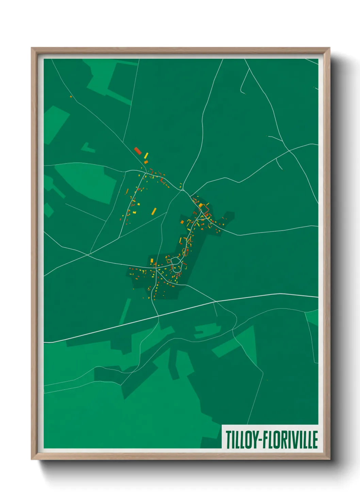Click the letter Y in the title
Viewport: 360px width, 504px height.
pyautogui.click(x=255, y=440)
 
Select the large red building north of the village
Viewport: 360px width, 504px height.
pyautogui.click(x=138, y=151)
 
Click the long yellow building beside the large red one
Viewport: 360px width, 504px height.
pyautogui.click(x=146, y=156)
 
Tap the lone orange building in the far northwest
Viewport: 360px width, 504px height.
pyautogui.click(x=71, y=97)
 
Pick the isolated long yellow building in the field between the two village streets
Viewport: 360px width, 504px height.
pyautogui.click(x=154, y=211)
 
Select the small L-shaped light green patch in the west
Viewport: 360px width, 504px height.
pyautogui.click(x=87, y=147)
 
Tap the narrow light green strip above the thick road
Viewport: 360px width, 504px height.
pyautogui.click(x=125, y=312)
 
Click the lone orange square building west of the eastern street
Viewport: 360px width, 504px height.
pyautogui.click(x=182, y=222)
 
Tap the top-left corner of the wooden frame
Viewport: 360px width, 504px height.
pyautogui.click(x=32, y=48)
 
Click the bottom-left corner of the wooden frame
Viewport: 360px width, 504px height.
pyautogui.click(x=32, y=459)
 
